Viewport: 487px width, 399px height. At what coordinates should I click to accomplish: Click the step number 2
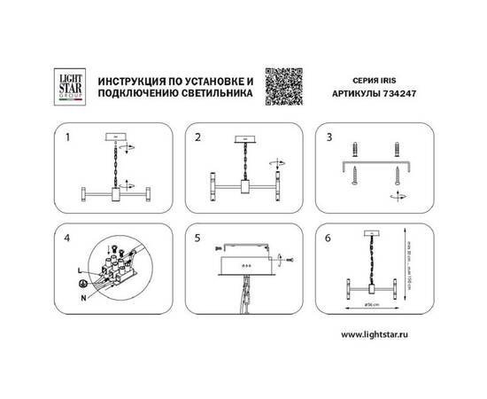(198, 139)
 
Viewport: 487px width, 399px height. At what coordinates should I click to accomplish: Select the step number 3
(329, 139)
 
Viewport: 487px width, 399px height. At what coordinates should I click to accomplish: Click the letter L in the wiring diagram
(80, 268)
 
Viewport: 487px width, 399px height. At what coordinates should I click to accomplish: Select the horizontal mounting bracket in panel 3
(372, 166)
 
